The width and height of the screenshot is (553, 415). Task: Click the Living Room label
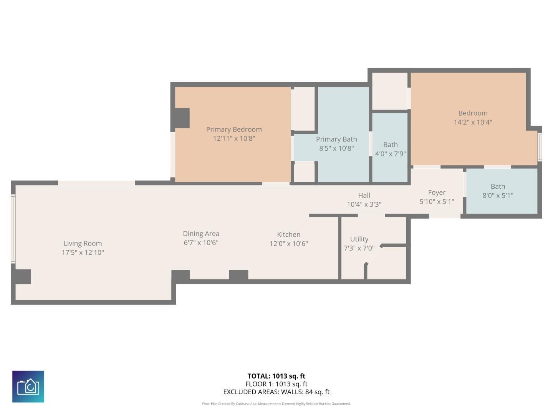[x=83, y=243]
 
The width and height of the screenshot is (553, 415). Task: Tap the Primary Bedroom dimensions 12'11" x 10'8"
[x=234, y=138]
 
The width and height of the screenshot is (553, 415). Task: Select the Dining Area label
[x=201, y=234]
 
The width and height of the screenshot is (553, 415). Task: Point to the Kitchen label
[x=288, y=234]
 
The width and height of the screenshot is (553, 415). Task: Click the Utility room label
[x=359, y=239]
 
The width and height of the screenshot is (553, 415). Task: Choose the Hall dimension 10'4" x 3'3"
[x=364, y=204]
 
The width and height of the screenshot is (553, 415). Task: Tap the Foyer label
[x=437, y=193]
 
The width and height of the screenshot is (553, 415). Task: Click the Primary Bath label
[x=336, y=139]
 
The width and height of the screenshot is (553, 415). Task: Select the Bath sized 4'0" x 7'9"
[x=390, y=149]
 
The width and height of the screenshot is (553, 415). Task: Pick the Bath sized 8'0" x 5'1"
[x=498, y=191]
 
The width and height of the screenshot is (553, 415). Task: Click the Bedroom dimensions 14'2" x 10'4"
[x=473, y=122]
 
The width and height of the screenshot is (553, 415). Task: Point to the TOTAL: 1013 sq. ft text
[x=276, y=376]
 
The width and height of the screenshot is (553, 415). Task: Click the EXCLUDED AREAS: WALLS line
[x=276, y=392]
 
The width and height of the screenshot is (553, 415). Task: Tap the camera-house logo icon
[x=28, y=387]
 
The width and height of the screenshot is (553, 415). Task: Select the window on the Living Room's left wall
[x=13, y=229]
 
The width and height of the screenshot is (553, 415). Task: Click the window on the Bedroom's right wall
[x=539, y=147]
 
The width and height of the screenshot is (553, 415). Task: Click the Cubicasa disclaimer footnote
[x=276, y=404]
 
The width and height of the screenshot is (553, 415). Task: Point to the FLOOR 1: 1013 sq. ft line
[x=276, y=384]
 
